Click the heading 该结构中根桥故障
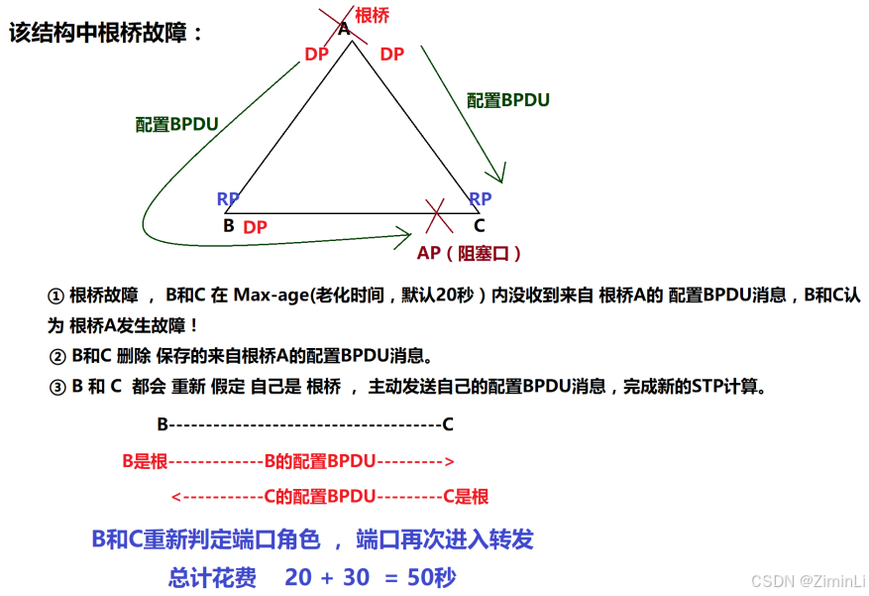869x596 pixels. (x=106, y=33)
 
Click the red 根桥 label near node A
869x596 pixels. (x=372, y=16)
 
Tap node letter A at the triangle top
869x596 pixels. (x=345, y=29)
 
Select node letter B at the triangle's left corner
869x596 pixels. (x=229, y=225)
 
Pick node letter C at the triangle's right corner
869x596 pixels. (x=479, y=225)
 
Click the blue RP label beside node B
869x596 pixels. (x=228, y=199)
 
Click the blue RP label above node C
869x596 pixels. (x=480, y=199)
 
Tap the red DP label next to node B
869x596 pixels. (x=255, y=227)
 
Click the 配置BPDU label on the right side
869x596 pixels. (x=507, y=100)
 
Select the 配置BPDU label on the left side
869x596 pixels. (x=176, y=124)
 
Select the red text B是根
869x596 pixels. (x=144, y=460)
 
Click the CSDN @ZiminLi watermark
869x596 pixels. (x=808, y=579)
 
